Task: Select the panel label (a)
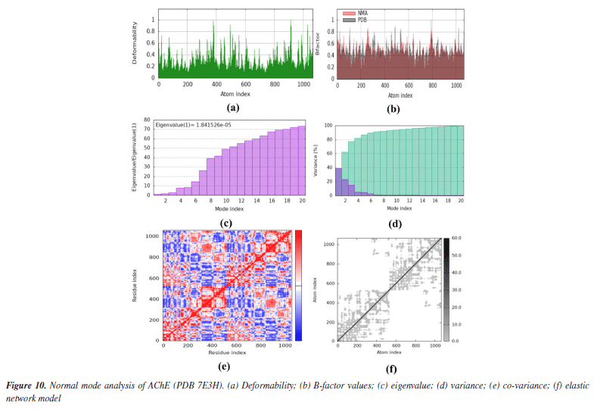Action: [x=222, y=108]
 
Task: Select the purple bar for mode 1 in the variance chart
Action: [x=338, y=182]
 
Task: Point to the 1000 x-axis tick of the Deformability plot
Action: [x=303, y=84]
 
